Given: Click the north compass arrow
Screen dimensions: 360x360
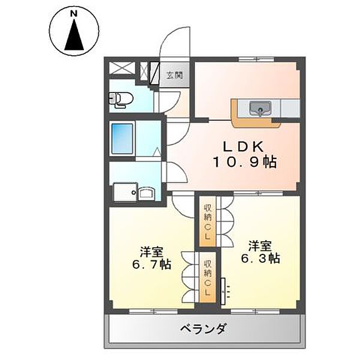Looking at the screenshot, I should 74,35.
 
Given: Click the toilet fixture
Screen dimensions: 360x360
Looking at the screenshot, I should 118,100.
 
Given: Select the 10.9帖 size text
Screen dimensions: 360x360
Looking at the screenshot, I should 243,161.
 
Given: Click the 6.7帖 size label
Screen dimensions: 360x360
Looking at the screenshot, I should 151,265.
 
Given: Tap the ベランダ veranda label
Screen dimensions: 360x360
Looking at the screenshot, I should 202,329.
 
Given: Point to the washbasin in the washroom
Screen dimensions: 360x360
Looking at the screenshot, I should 146,193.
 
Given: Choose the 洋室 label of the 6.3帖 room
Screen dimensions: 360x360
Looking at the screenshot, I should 261,246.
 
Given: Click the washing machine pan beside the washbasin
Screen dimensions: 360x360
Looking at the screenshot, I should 123,193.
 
